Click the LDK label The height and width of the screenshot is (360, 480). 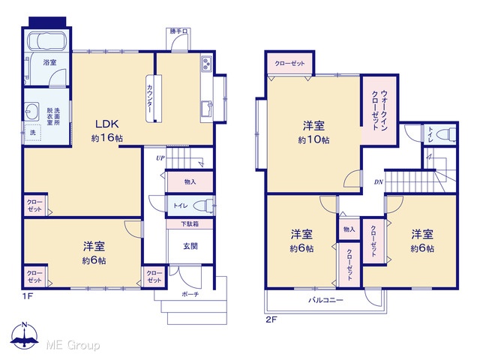[106, 124]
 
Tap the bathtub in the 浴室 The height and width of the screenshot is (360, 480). [46, 40]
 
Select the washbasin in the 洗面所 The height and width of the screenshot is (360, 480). [31, 112]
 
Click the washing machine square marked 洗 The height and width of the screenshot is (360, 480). [33, 133]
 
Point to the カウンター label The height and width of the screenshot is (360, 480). [150, 98]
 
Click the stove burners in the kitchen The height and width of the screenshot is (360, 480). [207, 64]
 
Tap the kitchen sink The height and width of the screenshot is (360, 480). [207, 108]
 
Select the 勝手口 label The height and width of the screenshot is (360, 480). [177, 31]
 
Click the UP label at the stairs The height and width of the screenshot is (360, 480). [160, 158]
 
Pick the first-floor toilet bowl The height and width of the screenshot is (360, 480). [202, 205]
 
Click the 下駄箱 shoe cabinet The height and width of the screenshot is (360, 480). [190, 223]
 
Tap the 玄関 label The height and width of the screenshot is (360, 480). [190, 246]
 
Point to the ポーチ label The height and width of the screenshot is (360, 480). [190, 294]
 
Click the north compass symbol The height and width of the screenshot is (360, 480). [25, 335]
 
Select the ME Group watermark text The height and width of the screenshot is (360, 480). [73, 345]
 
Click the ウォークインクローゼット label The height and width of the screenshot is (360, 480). [379, 110]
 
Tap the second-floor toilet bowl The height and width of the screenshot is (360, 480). [445, 134]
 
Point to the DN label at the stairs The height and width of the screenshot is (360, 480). [379, 182]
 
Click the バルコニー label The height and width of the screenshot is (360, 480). [325, 300]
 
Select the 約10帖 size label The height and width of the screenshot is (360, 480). [313, 140]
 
